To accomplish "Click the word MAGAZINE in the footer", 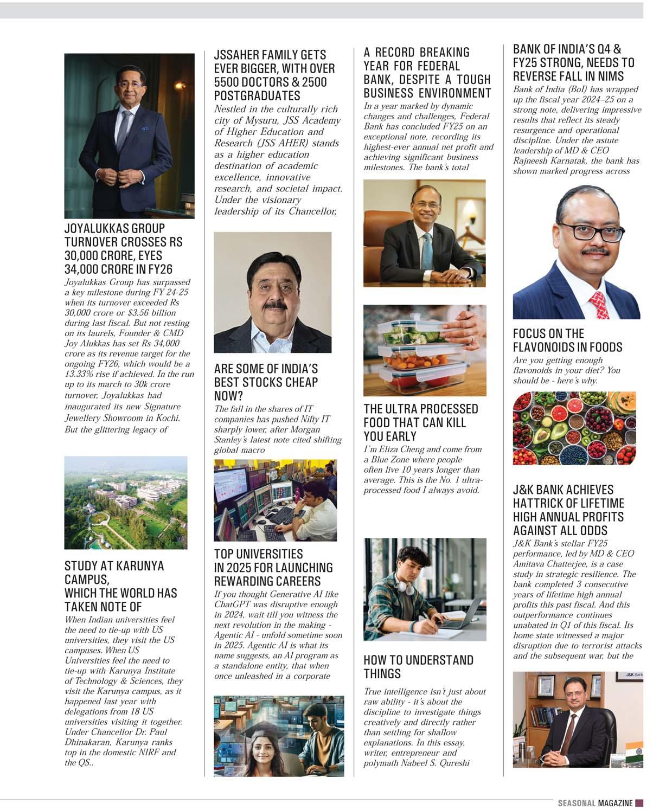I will pyautogui.click(x=616, y=803).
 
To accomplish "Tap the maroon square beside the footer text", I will pyautogui.click(x=639, y=803).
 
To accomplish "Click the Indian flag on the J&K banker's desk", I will pyautogui.click(x=633, y=754).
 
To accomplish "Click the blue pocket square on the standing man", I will pyautogui.click(x=145, y=128).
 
